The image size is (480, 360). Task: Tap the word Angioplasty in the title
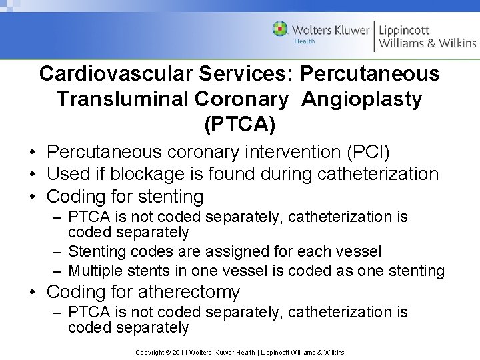(361, 99)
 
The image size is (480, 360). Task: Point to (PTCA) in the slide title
(239, 125)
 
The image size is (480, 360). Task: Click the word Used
(68, 175)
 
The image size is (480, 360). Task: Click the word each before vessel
(311, 252)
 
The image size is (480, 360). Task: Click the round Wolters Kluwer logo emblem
(280, 29)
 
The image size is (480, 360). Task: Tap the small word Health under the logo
(305, 42)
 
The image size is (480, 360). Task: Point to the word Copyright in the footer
(149, 352)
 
